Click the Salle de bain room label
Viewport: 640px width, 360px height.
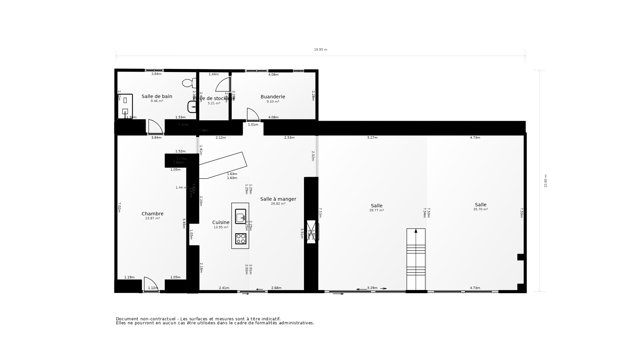pyautogui.click(x=157, y=96)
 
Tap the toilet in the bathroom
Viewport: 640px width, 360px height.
pyautogui.click(x=189, y=83)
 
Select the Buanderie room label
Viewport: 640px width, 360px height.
pyautogui.click(x=273, y=97)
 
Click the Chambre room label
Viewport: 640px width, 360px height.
pyautogui.click(x=152, y=214)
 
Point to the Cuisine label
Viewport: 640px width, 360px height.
pyautogui.click(x=221, y=222)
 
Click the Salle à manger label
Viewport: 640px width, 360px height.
pyautogui.click(x=278, y=199)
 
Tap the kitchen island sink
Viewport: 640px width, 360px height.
pyautogui.click(x=240, y=216)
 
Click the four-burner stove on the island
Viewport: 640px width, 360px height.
pyautogui.click(x=240, y=239)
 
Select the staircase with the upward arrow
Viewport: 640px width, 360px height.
pyautogui.click(x=416, y=259)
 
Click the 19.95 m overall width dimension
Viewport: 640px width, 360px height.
pyautogui.click(x=320, y=50)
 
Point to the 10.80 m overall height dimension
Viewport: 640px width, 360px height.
pyautogui.click(x=546, y=181)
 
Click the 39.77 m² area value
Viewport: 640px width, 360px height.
pyautogui.click(x=376, y=210)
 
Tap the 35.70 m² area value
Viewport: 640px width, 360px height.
pyautogui.click(x=480, y=209)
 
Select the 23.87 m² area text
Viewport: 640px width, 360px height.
pyautogui.click(x=152, y=218)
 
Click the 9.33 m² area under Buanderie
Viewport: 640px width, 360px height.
pyautogui.click(x=273, y=102)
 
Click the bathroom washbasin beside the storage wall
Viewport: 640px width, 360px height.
pyautogui.click(x=192, y=107)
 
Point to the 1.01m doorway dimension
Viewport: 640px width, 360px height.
pyautogui.click(x=253, y=125)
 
